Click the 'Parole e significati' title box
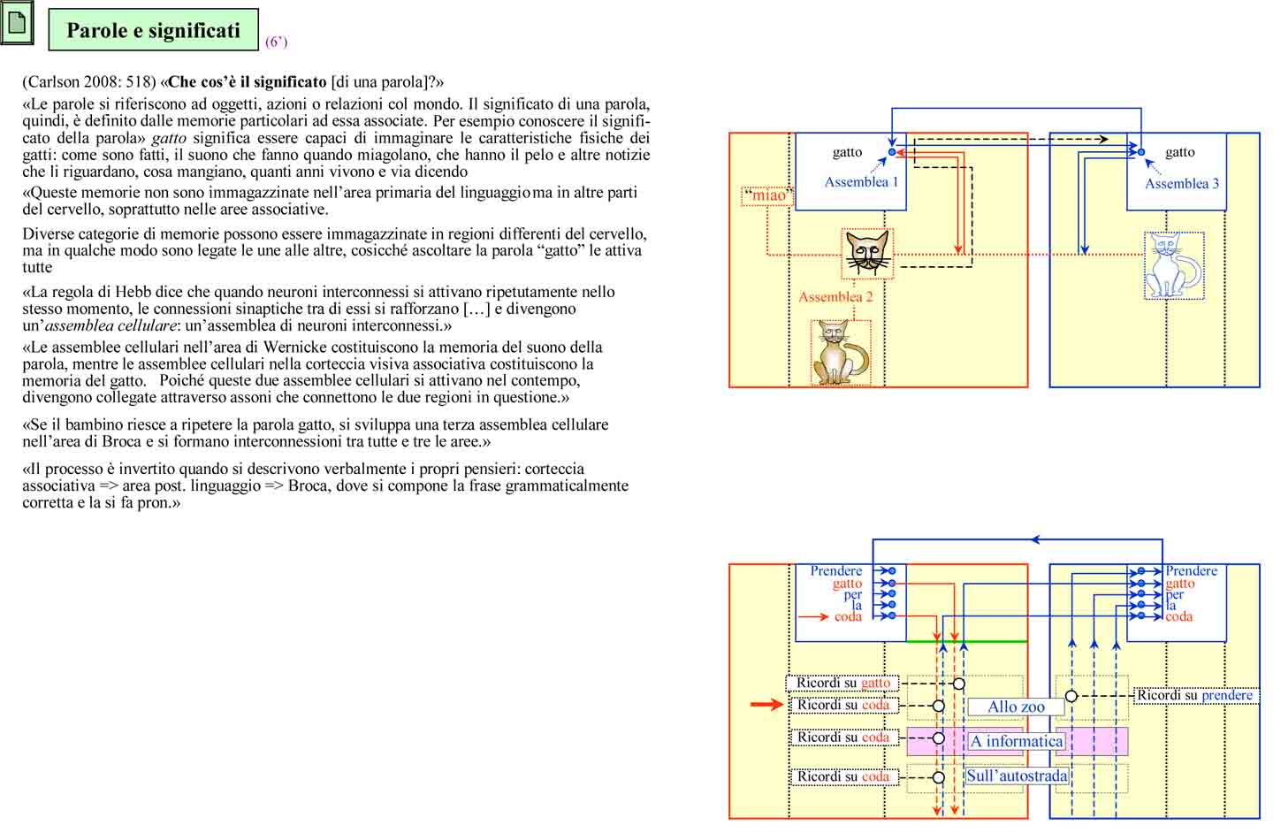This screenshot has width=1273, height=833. [x=153, y=30]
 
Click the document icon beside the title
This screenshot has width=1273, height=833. [x=17, y=23]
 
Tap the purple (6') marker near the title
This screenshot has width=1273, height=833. [x=276, y=42]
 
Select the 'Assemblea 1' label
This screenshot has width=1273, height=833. [x=861, y=182]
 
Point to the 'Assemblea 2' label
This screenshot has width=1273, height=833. [x=835, y=297]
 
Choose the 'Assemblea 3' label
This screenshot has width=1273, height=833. [x=1181, y=184]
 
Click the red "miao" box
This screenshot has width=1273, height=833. [x=767, y=195]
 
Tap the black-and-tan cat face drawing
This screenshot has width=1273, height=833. [x=867, y=253]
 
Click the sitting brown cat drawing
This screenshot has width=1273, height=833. [x=840, y=353]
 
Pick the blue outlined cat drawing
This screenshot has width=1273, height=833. [x=1173, y=265]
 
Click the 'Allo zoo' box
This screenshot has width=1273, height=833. [x=1016, y=707]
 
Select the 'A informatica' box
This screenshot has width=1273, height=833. [x=1017, y=741]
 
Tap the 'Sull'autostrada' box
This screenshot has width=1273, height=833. [x=1017, y=776]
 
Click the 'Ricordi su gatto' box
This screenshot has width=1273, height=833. [x=842, y=683]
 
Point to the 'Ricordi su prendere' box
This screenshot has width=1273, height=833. [x=1194, y=695]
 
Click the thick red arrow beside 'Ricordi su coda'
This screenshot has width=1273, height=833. [x=766, y=705]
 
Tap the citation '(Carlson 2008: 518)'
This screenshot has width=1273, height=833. [x=89, y=82]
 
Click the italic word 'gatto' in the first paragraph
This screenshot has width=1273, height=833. [x=169, y=138]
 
